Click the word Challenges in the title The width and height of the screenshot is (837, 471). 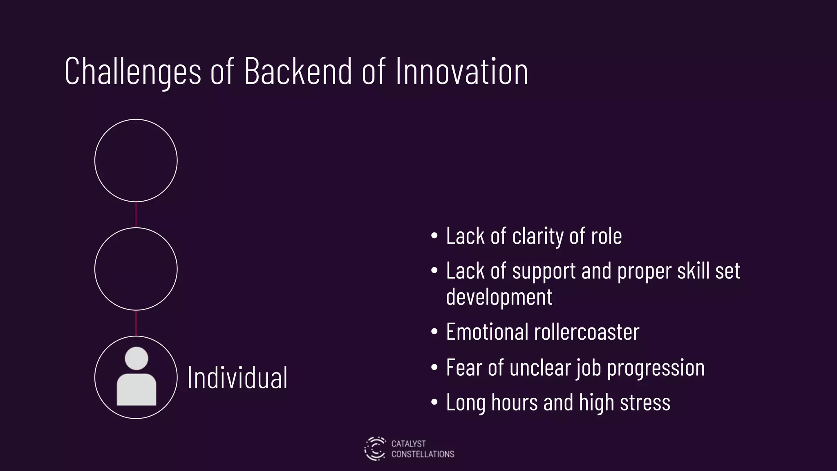pos(133,72)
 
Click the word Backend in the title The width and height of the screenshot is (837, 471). pos(298,72)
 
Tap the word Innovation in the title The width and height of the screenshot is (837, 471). pos(462,72)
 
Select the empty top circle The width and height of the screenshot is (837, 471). pos(136,160)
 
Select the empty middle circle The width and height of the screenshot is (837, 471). pos(136,269)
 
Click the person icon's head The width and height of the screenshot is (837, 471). pos(136,358)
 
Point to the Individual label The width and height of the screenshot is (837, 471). pos(237,378)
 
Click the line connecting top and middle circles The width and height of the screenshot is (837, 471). pos(136,215)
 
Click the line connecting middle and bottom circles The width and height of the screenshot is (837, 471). pos(136,323)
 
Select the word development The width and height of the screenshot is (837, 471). pos(499,297)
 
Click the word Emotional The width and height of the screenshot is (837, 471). pos(487,332)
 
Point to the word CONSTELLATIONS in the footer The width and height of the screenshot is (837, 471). pos(423,454)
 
